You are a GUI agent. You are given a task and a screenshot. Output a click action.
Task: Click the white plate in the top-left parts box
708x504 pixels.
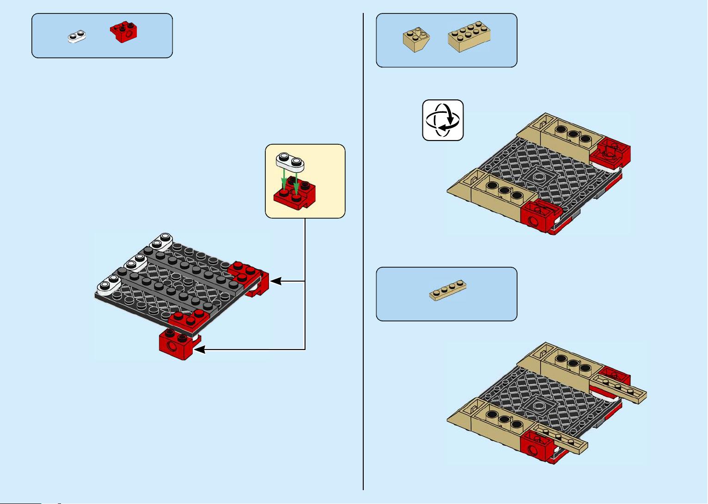click(x=77, y=36)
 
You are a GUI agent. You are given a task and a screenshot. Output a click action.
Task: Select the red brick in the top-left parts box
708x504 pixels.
click(x=124, y=32)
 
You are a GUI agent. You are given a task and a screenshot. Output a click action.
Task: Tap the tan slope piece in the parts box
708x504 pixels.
click(x=415, y=40)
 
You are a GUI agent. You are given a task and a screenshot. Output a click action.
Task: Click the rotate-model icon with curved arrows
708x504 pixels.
click(x=443, y=120)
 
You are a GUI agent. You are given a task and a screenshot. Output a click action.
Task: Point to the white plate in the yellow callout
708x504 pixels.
click(x=290, y=161)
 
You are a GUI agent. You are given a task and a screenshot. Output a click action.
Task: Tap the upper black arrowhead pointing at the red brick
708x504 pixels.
click(x=275, y=281)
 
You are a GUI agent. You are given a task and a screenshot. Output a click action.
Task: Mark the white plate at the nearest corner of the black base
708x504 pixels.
click(x=108, y=284)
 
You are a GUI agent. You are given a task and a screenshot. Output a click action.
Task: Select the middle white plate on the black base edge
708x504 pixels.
click(x=134, y=262)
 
